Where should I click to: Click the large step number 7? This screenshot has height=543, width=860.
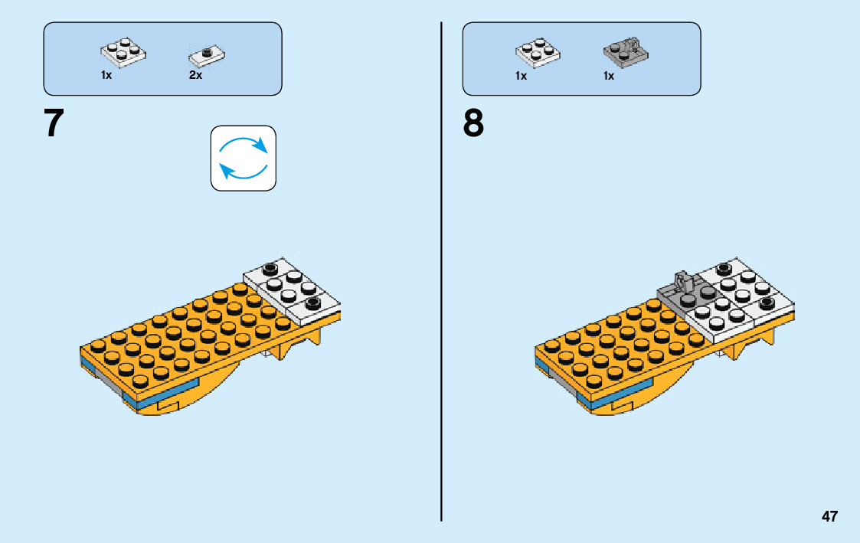(54, 123)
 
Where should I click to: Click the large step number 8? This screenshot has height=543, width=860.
(473, 123)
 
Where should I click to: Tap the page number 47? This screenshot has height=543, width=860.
(829, 516)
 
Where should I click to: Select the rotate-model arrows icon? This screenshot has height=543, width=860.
(243, 158)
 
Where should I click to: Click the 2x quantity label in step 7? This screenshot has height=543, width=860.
(195, 76)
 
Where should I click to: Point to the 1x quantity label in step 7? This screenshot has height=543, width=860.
(106, 76)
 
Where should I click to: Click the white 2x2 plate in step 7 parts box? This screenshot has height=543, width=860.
(123, 51)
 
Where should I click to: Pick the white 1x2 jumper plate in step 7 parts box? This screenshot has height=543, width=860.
(206, 54)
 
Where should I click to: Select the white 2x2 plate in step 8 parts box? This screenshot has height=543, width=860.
(538, 51)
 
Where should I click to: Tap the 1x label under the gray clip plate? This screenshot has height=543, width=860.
(609, 76)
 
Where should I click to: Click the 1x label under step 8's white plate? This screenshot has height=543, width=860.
(521, 76)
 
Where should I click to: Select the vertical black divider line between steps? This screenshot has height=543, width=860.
(442, 268)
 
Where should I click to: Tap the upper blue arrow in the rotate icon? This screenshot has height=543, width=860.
(244, 144)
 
